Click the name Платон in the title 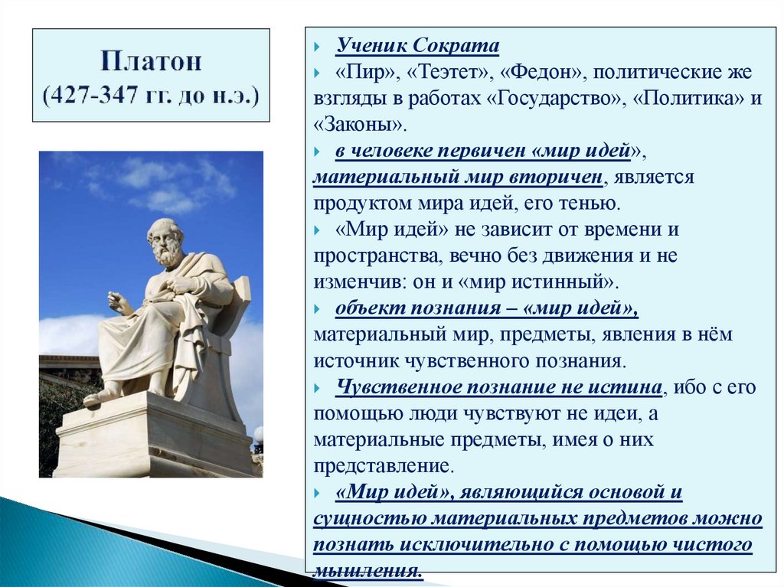(151, 62)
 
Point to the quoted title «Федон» (542, 73)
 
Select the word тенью (584, 204)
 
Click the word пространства (371, 256)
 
